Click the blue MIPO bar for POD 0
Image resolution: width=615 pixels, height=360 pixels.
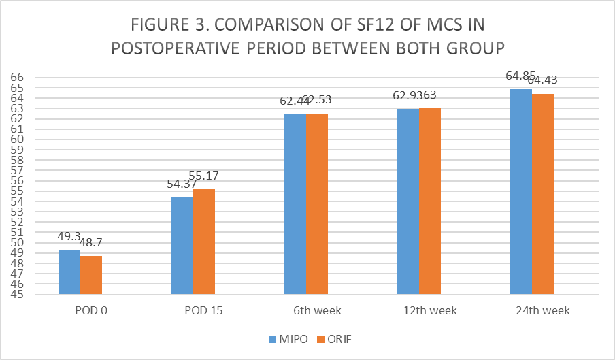click(69, 272)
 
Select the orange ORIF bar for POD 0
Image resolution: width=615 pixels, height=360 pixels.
click(91, 275)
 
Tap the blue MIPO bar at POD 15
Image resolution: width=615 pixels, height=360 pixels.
click(182, 246)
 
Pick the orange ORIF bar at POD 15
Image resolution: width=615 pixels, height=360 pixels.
click(204, 242)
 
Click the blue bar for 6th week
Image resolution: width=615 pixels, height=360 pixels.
click(295, 204)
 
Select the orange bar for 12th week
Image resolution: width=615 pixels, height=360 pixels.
click(430, 201)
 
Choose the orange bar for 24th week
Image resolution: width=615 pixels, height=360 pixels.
click(543, 194)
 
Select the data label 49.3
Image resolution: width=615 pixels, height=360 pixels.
click(69, 237)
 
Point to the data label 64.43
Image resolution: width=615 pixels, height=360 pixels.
click(543, 80)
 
